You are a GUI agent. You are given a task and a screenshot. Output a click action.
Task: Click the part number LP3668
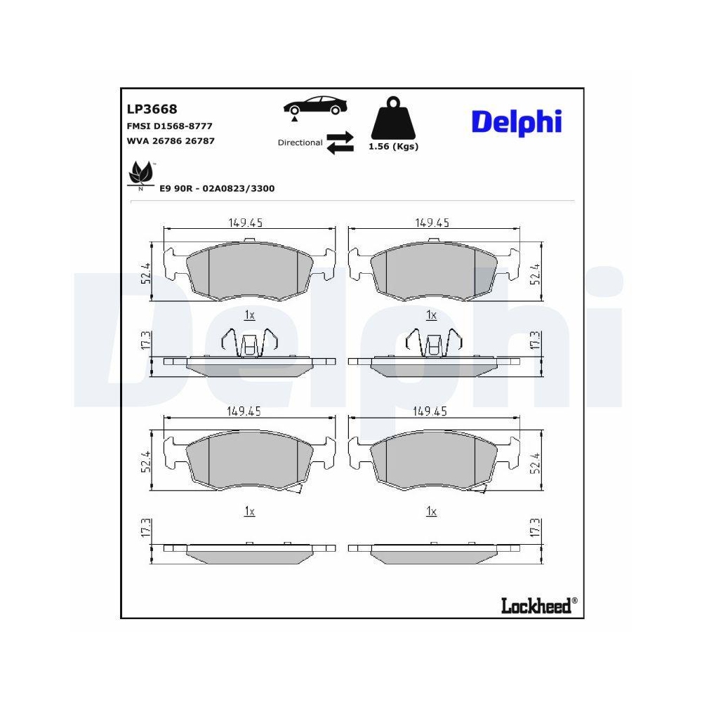pos(152,109)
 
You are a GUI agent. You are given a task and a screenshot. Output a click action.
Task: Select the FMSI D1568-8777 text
pos(169,126)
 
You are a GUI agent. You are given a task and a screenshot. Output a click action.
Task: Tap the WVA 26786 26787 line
pos(171,140)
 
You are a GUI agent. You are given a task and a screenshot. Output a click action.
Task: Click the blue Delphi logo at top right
pos(517,121)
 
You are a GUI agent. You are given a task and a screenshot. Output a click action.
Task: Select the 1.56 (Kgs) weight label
pos(393,147)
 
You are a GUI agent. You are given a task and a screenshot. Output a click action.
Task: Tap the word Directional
pos(300,143)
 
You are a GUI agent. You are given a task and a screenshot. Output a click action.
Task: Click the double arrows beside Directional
pos(340,142)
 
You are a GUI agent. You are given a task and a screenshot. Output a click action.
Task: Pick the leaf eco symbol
pos(140,173)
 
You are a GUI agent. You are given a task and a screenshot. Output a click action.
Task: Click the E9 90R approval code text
pos(216,189)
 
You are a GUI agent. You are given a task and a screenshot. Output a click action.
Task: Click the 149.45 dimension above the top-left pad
pos(245,223)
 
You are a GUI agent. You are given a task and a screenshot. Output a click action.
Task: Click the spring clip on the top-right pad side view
pos(432,343)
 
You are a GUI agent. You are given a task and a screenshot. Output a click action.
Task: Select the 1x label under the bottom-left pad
pos(249,512)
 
